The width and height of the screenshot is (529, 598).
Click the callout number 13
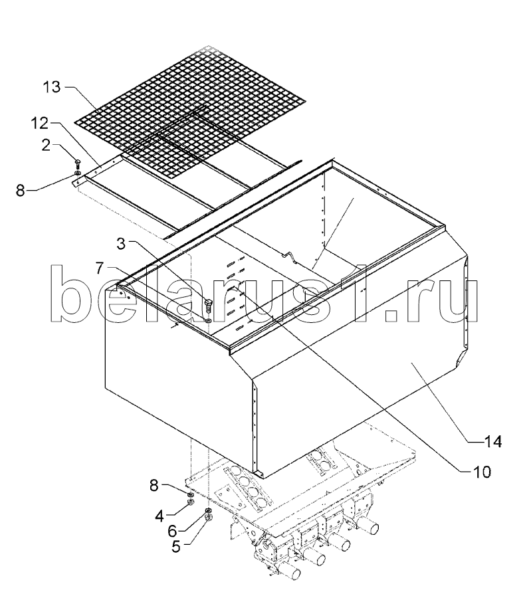coord(51,87)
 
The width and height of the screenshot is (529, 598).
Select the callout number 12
coord(40,123)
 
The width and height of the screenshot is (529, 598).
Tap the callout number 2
coord(46,145)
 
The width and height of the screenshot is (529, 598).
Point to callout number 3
coord(121,243)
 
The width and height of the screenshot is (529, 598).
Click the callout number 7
coord(100,268)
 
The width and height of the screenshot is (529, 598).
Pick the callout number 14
coord(493,441)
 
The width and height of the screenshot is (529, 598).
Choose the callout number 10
coord(482,472)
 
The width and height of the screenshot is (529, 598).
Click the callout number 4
coord(159,516)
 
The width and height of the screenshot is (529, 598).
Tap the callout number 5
coord(176,547)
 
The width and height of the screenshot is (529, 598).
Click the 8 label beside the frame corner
coord(20,190)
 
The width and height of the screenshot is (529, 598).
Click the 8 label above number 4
coord(154,486)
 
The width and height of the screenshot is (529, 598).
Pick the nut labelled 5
coord(208,517)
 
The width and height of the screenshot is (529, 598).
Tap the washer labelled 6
coord(208,510)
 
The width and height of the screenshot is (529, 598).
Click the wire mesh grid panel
coord(191,110)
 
